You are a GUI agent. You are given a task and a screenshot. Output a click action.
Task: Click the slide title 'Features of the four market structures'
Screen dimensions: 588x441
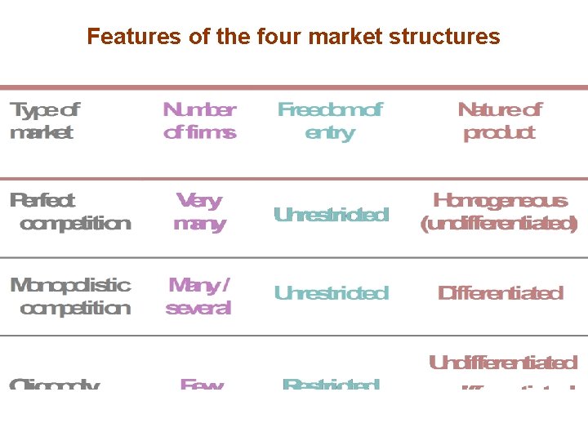click(293, 37)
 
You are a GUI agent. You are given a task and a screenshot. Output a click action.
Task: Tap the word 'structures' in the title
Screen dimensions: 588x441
click(457, 37)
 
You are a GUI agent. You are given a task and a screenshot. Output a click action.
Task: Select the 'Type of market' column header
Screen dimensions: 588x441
click(44, 121)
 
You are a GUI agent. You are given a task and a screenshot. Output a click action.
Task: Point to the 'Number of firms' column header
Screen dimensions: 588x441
click(199, 121)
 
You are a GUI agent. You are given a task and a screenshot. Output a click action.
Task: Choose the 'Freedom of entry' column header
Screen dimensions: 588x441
click(329, 121)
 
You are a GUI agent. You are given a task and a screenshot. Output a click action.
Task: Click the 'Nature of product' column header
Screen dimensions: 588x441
click(499, 121)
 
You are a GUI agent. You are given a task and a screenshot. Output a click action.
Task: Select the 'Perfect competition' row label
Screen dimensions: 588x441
click(70, 212)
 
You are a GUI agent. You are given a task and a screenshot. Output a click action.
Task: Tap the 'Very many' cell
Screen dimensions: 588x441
click(199, 212)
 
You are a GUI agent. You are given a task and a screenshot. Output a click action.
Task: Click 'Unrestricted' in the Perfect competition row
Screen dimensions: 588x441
click(331, 215)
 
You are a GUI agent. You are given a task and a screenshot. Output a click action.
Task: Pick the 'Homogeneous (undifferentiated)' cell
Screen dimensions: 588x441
click(499, 212)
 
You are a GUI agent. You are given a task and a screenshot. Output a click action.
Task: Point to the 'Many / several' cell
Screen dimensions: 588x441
click(199, 296)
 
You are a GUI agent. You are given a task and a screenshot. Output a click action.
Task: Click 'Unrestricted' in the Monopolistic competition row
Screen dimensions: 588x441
click(331, 292)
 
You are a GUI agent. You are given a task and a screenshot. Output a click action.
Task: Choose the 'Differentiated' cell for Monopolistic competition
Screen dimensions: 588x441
click(500, 292)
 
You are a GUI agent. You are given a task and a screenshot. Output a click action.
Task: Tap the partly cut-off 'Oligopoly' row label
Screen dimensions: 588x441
click(55, 383)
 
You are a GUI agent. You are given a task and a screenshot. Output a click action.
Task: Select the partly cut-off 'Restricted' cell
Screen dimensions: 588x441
click(331, 383)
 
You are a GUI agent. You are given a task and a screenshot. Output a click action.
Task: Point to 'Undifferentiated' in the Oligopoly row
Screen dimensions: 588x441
click(503, 363)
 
